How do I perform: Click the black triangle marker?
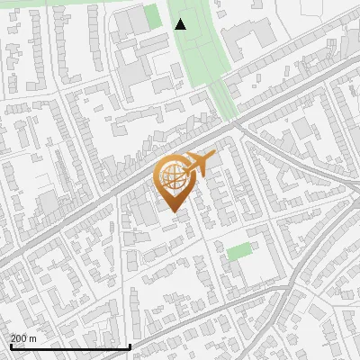181,24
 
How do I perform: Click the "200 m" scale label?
23,338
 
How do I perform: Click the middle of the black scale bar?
70,346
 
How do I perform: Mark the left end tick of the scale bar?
10,346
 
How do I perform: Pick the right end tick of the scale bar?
130,346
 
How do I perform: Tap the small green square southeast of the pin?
238,252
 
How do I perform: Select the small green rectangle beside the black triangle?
154,15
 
